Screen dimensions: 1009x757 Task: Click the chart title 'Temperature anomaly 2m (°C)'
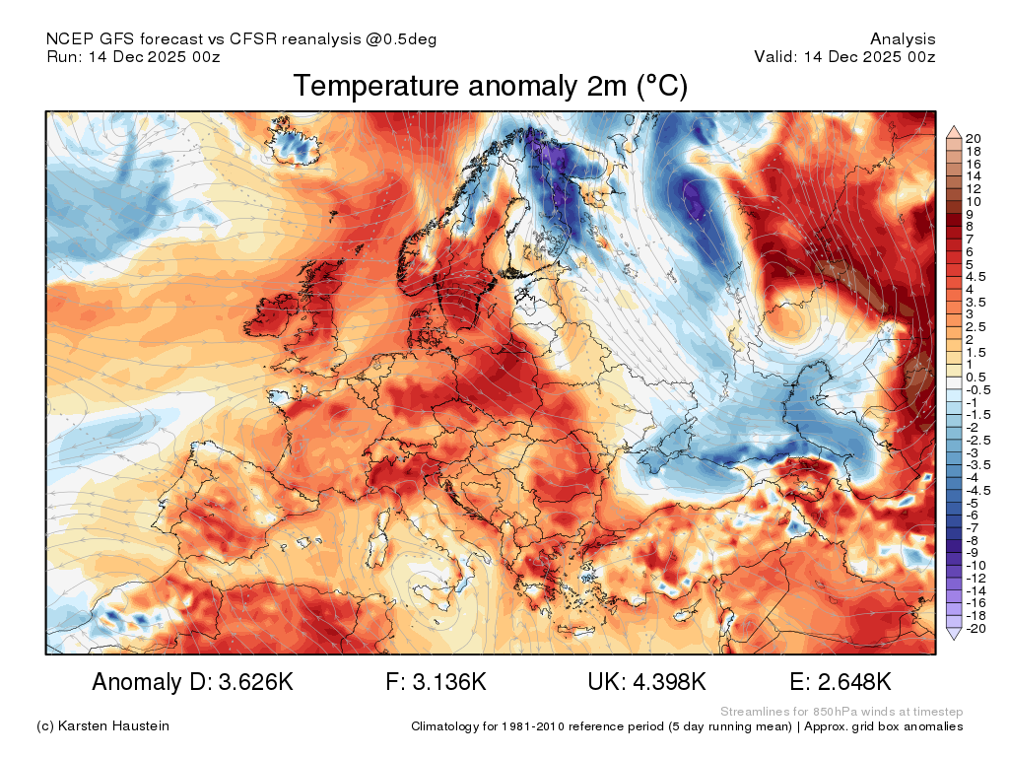pos(491,87)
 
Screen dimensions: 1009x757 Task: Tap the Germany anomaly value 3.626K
pos(256,682)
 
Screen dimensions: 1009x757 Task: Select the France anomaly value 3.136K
pos(449,682)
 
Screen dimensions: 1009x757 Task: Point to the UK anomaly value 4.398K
pos(669,682)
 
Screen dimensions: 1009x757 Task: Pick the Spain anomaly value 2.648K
pos(854,682)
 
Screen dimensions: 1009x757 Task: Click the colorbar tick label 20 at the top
pos(973,138)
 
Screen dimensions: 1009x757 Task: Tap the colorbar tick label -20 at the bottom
pos(975,628)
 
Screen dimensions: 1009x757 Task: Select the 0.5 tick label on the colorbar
pos(975,378)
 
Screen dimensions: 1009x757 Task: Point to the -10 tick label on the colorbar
pos(975,566)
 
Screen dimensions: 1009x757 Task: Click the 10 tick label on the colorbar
pos(973,201)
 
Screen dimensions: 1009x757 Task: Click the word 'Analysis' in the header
pos(903,39)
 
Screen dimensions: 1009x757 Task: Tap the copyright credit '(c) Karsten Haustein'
pos(102,726)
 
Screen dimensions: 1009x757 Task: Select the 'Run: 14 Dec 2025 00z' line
pos(133,56)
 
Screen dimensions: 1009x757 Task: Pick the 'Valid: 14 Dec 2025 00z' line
pos(844,56)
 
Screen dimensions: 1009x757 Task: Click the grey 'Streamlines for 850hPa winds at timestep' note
pos(841,712)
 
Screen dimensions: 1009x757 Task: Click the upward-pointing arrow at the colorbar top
pos(954,133)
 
